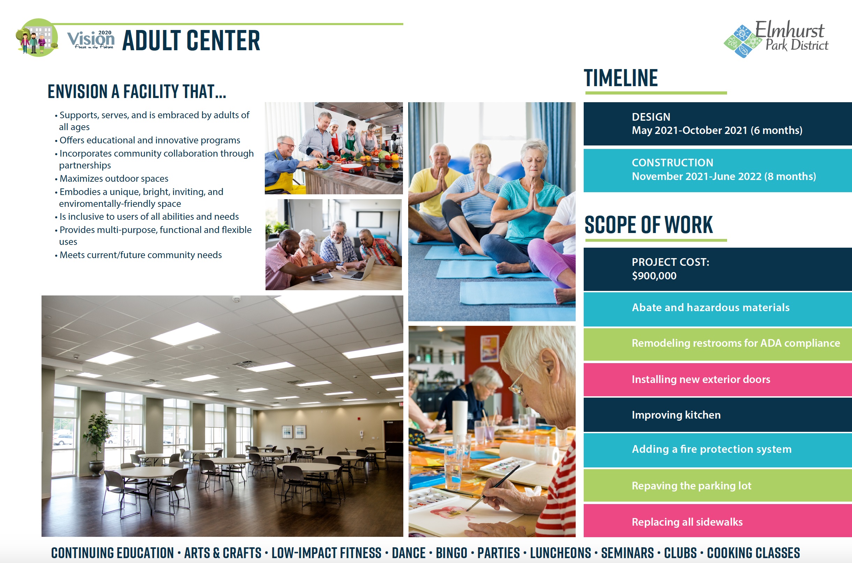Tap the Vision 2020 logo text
[91, 39]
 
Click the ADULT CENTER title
[191, 40]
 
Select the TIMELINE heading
[621, 78]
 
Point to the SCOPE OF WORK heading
[649, 225]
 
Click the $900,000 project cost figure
[654, 276]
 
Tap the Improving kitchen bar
[717, 415]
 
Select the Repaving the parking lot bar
[717, 486]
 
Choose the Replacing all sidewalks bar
[717, 521]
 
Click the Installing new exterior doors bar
[717, 379]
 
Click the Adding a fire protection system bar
[717, 450]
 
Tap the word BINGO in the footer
[451, 553]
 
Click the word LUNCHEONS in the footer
[560, 553]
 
